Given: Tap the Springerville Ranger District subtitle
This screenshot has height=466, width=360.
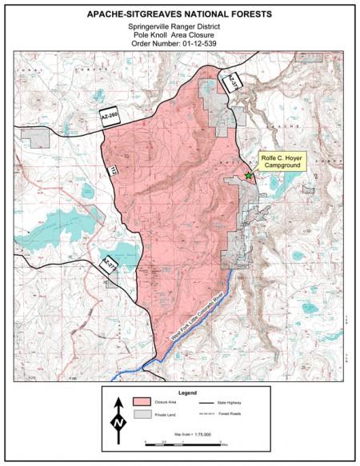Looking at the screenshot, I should [x=180, y=27].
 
